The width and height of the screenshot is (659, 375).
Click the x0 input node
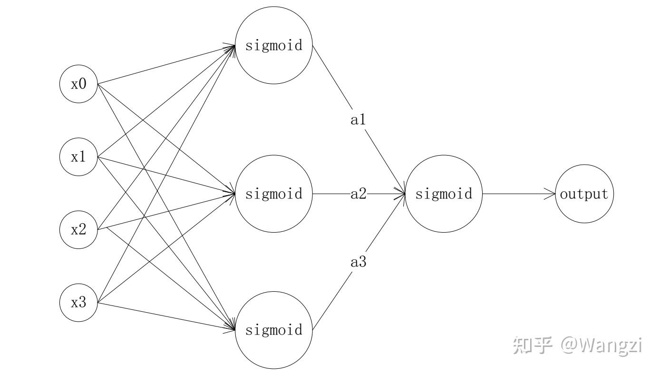coord(78,85)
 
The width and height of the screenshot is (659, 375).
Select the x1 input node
coord(78,157)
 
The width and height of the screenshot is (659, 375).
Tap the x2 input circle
coord(78,230)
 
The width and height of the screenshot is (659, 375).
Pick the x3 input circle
coord(78,302)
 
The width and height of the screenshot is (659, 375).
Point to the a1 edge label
coord(358,120)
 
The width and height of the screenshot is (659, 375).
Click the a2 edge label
coord(358,194)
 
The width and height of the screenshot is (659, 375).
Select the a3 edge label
coord(358,261)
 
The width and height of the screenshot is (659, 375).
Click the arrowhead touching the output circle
coord(551,194)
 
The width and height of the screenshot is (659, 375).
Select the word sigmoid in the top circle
coord(274,46)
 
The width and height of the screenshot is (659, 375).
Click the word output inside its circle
coord(584,194)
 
